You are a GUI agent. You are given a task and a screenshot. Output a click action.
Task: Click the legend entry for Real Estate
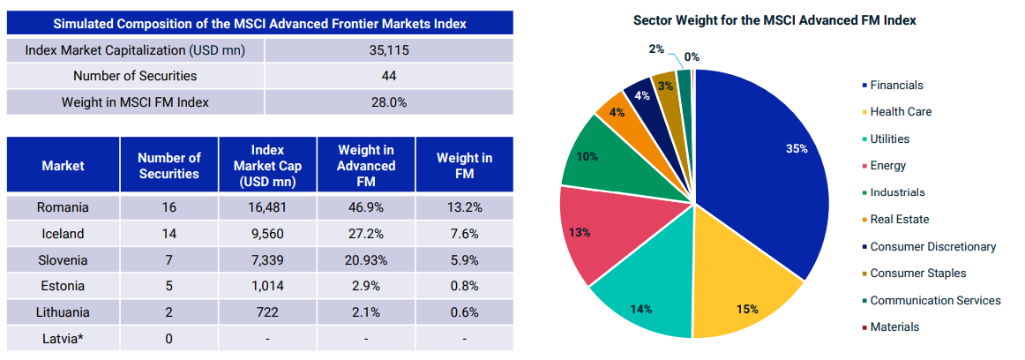[x=899, y=219]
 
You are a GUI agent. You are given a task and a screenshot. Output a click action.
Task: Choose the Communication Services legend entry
[x=935, y=300]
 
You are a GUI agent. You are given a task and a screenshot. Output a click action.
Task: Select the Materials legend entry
[x=894, y=326]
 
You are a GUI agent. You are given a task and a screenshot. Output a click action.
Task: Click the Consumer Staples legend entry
[x=917, y=273]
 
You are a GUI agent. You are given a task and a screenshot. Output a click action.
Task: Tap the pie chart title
[x=774, y=20]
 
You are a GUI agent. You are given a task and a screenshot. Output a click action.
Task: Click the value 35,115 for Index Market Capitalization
[x=388, y=50]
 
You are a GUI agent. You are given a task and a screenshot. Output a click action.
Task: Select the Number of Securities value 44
[x=388, y=76]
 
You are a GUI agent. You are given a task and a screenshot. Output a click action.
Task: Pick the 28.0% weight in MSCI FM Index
[x=388, y=101]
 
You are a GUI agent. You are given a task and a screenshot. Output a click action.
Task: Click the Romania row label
[x=63, y=207]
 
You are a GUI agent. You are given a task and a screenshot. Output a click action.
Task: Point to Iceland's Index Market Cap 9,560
[x=266, y=234]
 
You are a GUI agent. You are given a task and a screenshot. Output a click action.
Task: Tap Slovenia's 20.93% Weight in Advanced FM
[x=366, y=259]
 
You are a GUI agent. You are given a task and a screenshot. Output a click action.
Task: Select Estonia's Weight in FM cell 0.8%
[x=464, y=286]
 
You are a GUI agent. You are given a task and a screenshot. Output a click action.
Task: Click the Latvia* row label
[x=63, y=338]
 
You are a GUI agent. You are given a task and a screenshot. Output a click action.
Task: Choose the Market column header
[x=63, y=165]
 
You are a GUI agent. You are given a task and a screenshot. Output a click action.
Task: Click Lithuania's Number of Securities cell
[x=169, y=311]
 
